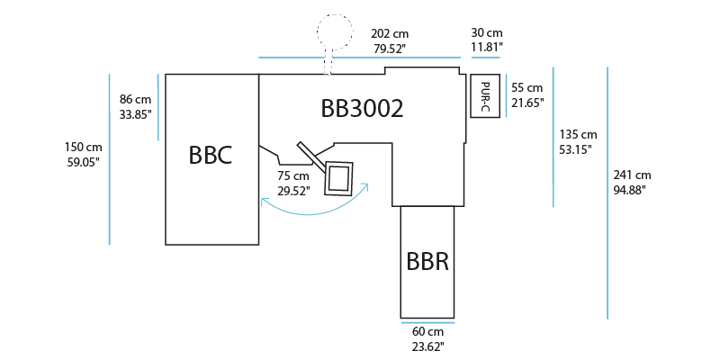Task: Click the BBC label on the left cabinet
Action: click(211, 155)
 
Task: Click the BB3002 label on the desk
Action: click(362, 109)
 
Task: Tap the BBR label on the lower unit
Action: click(427, 262)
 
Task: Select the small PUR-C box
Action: click(484, 96)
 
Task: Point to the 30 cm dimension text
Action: click(487, 33)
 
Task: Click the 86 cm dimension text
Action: click(136, 100)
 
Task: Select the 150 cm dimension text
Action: click(82, 147)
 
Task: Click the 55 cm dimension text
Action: click(526, 88)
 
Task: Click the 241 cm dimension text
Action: click(631, 175)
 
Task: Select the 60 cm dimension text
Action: click(427, 331)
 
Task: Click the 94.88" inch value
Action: click(631, 190)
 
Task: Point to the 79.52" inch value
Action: click(388, 49)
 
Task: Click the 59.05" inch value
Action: click(82, 161)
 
